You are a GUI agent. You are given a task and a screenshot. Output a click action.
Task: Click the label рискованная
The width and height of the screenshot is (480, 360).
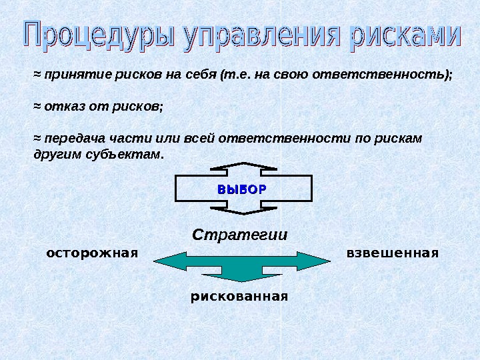point(239,295)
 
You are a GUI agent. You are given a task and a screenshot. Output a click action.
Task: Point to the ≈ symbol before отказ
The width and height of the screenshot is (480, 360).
point(37,107)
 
